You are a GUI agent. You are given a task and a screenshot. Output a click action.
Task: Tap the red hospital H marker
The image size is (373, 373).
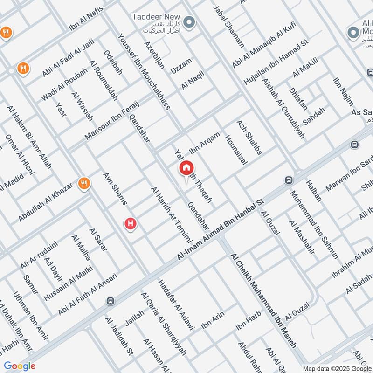pyautogui.click(x=131, y=224)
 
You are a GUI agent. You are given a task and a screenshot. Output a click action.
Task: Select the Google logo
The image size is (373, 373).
pyautogui.click(x=20, y=366)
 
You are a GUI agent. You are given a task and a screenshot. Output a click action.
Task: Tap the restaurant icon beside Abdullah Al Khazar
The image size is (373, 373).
pyautogui.click(x=84, y=183)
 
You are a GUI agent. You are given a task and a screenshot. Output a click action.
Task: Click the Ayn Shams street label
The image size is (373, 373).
pyautogui.click(x=114, y=189)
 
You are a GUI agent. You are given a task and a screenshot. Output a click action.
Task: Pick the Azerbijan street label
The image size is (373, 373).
pyautogui.click(x=154, y=55)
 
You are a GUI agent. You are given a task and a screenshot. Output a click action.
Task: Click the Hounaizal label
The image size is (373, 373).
pyautogui.click(x=235, y=149)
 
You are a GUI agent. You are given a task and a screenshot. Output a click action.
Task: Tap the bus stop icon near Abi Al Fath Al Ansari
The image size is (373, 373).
pyautogui.click(x=111, y=301)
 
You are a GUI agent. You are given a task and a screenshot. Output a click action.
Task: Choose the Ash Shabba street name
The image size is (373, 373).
pyautogui.click(x=249, y=138)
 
